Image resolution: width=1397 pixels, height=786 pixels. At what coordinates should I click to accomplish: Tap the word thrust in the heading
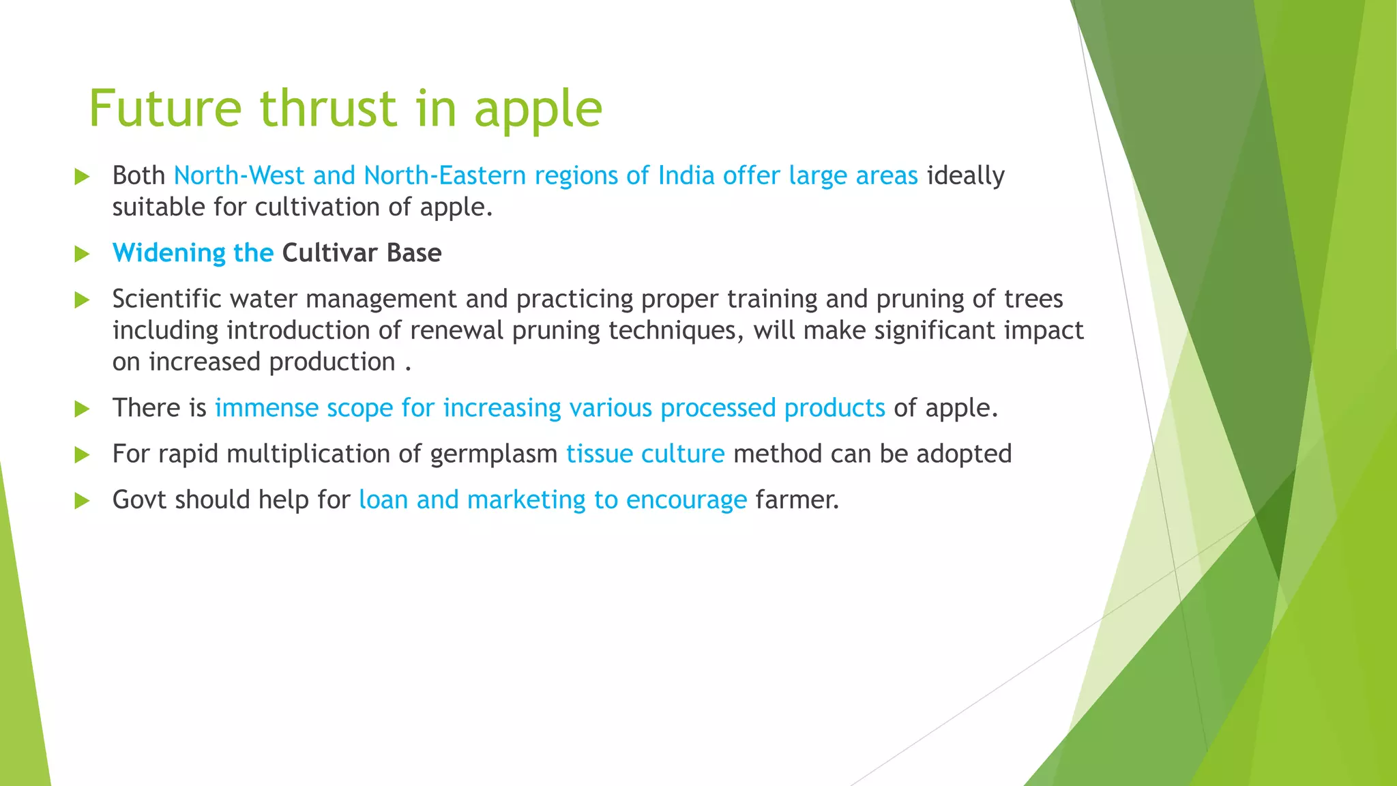click(x=329, y=108)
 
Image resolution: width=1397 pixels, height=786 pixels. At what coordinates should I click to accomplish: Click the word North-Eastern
click(x=445, y=175)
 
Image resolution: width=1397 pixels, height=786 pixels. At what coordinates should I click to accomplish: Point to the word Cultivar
click(x=330, y=252)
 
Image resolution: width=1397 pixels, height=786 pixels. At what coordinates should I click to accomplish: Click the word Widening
click(x=168, y=253)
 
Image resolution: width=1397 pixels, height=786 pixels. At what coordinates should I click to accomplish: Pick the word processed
click(x=718, y=408)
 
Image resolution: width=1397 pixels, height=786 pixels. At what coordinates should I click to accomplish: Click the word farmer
click(x=797, y=499)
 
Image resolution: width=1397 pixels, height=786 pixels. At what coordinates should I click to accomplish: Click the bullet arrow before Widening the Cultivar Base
click(x=82, y=254)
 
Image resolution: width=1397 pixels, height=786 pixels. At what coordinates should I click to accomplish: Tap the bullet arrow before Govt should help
click(x=82, y=501)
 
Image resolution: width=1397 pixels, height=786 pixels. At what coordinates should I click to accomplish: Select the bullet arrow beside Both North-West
click(x=82, y=177)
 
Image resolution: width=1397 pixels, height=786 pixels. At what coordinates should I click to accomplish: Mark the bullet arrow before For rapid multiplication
click(x=82, y=455)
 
